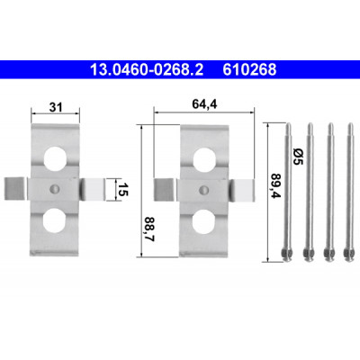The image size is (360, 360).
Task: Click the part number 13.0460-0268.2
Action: point(147,70)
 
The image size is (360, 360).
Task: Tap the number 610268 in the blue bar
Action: point(249,70)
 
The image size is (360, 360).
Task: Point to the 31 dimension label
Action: point(56,107)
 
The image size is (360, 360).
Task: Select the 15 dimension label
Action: point(122,189)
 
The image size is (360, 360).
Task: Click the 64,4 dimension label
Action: point(204,104)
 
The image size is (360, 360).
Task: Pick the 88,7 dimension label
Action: point(149,229)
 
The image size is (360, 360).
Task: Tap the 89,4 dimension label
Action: point(275,185)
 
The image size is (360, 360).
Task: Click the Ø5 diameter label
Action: point(298,157)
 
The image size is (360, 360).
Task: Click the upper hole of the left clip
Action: point(55,157)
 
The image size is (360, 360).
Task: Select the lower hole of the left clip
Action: point(54,220)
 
